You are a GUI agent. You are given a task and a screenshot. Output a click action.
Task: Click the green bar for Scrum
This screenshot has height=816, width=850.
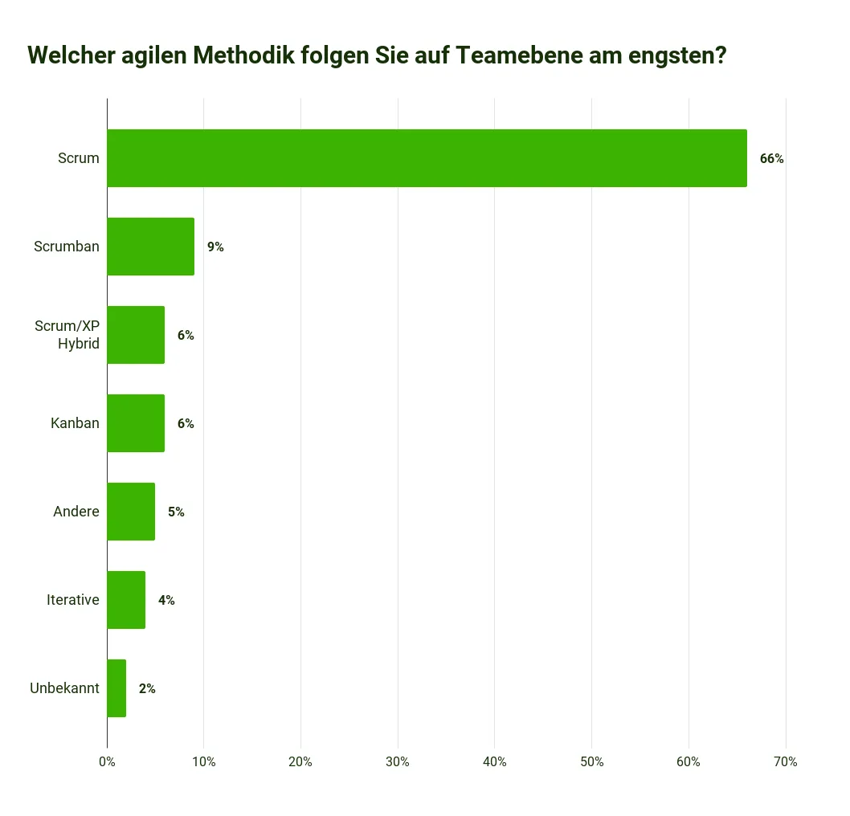tap(427, 158)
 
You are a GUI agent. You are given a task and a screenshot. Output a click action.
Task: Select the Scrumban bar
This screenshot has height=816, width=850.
tap(150, 247)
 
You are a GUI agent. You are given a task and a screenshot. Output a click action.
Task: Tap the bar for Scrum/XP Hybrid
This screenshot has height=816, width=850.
tap(136, 335)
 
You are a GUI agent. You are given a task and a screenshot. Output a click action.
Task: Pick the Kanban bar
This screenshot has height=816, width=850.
tap(136, 423)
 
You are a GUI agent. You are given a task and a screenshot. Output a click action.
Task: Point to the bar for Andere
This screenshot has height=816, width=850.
tap(131, 512)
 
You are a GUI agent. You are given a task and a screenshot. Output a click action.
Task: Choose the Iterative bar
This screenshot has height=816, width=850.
tap(126, 600)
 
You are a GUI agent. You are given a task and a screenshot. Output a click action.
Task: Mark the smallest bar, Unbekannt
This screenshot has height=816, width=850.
tap(116, 688)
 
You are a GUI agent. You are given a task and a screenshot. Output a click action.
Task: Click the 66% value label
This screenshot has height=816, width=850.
tap(771, 159)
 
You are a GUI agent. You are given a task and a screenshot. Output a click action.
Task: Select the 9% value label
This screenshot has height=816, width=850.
tap(215, 247)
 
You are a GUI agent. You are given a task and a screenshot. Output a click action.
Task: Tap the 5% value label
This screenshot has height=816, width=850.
tap(176, 512)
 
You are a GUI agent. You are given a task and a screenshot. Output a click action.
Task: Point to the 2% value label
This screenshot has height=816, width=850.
tap(147, 689)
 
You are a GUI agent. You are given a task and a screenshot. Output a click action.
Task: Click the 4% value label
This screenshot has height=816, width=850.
tap(166, 601)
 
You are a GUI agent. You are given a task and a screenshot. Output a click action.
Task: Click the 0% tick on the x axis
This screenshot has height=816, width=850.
tap(107, 762)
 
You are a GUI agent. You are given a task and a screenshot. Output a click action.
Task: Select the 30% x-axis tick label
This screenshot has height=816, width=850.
tap(398, 762)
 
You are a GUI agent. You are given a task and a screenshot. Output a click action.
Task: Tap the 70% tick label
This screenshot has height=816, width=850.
tap(785, 762)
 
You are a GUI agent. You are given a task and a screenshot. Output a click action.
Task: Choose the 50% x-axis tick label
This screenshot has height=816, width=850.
tap(591, 762)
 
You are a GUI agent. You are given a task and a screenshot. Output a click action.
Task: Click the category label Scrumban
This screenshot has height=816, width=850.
tap(67, 247)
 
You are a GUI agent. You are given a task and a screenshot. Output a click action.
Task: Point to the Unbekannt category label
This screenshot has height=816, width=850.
tap(64, 688)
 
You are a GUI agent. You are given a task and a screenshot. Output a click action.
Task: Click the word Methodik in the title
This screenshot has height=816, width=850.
tap(245, 55)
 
